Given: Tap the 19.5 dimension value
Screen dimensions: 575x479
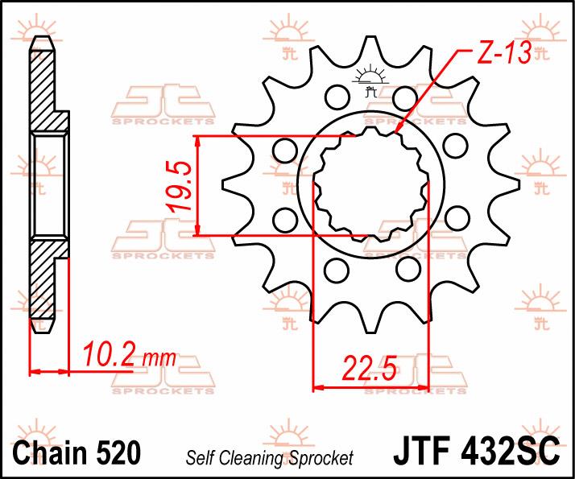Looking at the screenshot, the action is click(180, 187).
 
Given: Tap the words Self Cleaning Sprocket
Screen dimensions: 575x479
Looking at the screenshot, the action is click(270, 458).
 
